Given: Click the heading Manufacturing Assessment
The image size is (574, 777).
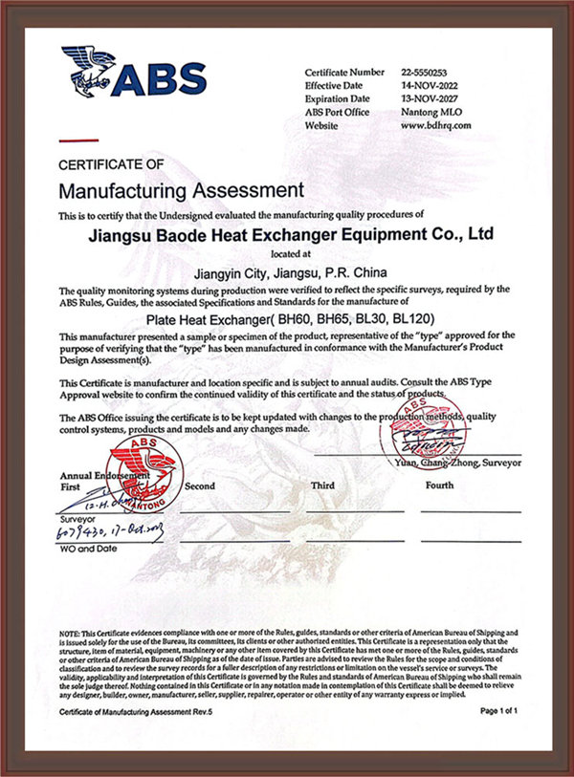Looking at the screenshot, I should [181, 189].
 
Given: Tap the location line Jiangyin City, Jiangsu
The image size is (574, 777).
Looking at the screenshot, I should [287, 270].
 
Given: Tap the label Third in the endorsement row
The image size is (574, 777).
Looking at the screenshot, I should [322, 486].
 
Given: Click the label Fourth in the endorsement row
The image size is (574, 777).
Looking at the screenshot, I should [439, 486].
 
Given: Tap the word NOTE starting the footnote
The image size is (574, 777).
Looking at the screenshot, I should [70, 634].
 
